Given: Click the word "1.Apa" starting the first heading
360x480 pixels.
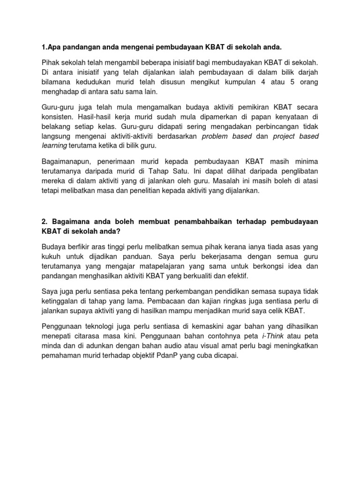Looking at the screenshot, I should pos(52,47).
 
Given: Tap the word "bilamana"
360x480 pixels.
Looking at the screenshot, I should pos(58,82).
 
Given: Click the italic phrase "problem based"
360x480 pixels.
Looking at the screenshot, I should pos(227,136).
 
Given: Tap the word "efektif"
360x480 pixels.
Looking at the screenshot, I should pos(236,277).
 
